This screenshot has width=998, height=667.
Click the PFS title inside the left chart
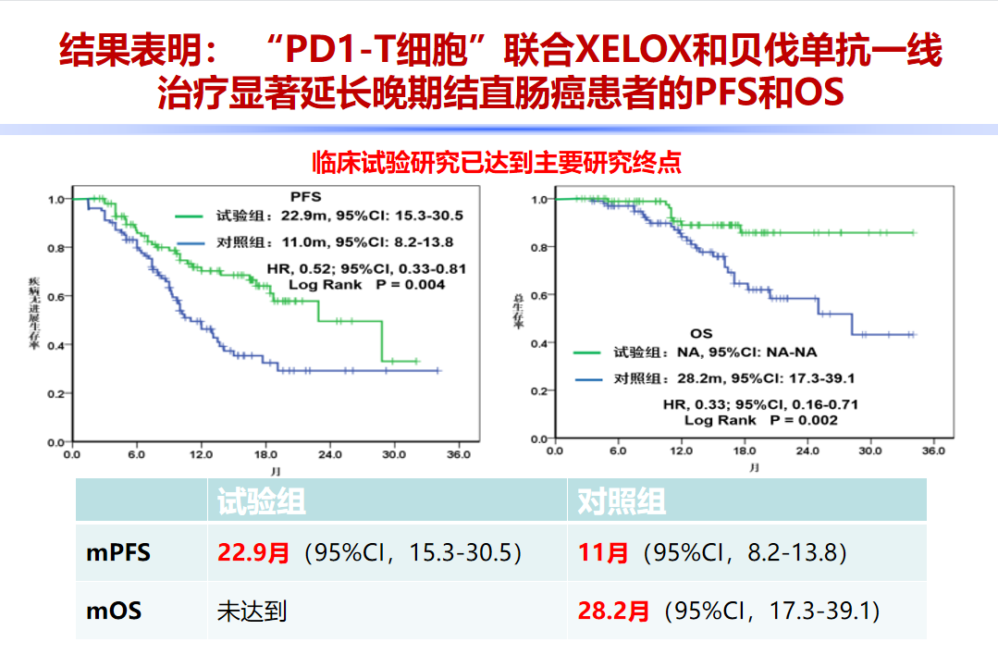(305, 197)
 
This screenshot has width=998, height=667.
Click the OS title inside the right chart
(702, 333)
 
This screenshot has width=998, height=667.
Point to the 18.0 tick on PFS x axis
(266, 455)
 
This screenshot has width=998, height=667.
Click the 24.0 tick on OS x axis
(807, 451)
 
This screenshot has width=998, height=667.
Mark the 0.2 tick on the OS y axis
(539, 391)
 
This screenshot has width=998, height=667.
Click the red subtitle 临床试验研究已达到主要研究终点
(498, 163)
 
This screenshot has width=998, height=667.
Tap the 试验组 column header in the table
(261, 502)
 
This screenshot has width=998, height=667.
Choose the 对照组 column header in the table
(622, 502)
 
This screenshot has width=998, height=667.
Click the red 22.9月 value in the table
(254, 553)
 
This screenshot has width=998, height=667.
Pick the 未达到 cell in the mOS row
(253, 611)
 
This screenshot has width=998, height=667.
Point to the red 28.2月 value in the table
(614, 611)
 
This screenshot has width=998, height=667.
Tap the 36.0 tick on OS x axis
(934, 451)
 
